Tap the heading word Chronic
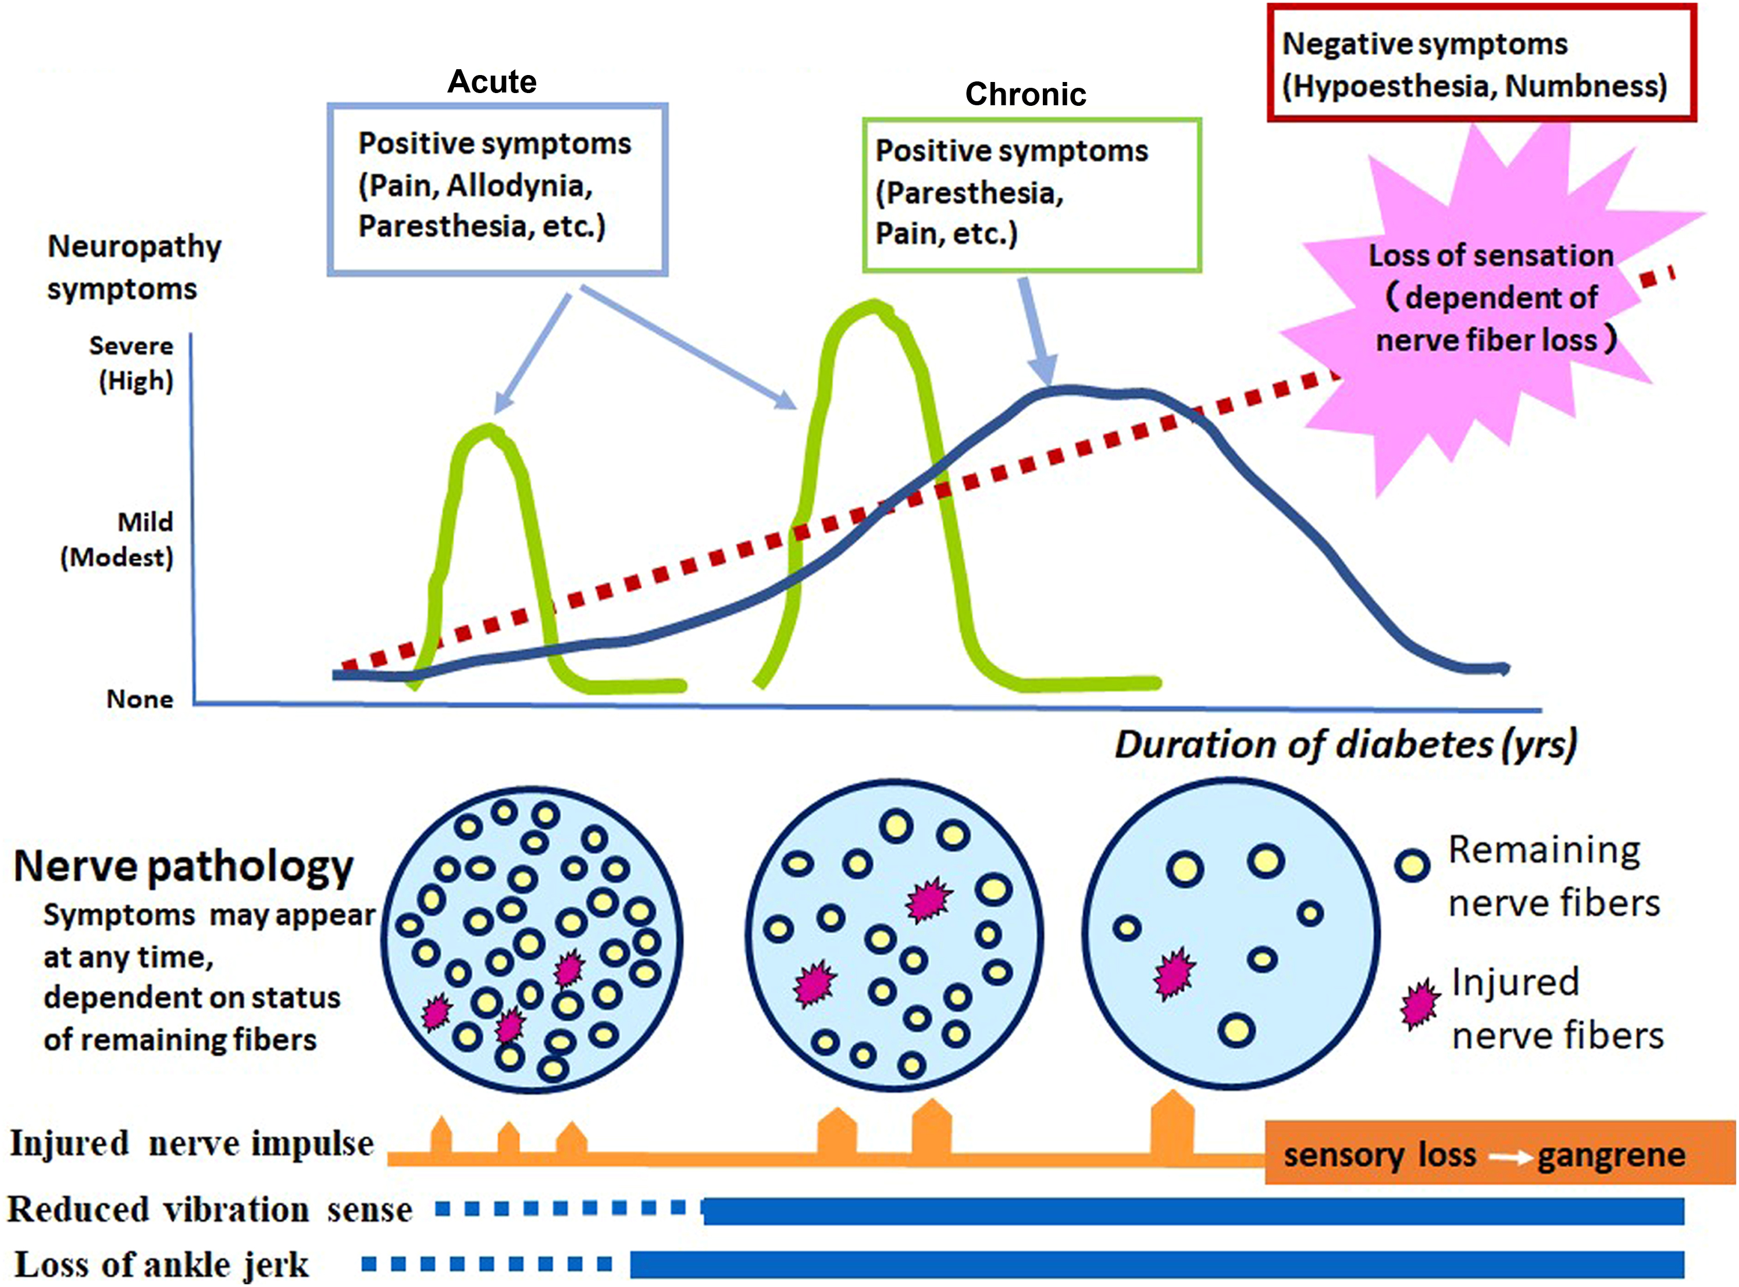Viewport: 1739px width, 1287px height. click(x=1025, y=94)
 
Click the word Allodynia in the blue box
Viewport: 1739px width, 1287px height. click(x=519, y=186)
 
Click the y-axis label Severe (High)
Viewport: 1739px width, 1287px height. click(x=131, y=363)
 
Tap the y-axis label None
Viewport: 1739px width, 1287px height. click(x=140, y=699)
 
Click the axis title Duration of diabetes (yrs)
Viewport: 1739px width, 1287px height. click(x=1345, y=745)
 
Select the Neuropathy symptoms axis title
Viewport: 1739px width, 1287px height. click(x=133, y=267)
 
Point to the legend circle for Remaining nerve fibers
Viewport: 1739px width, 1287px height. click(x=1412, y=865)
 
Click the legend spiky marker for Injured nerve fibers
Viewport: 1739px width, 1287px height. click(x=1420, y=1006)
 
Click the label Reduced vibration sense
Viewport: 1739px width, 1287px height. click(x=209, y=1210)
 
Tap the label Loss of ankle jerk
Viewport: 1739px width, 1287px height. click(x=162, y=1264)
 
